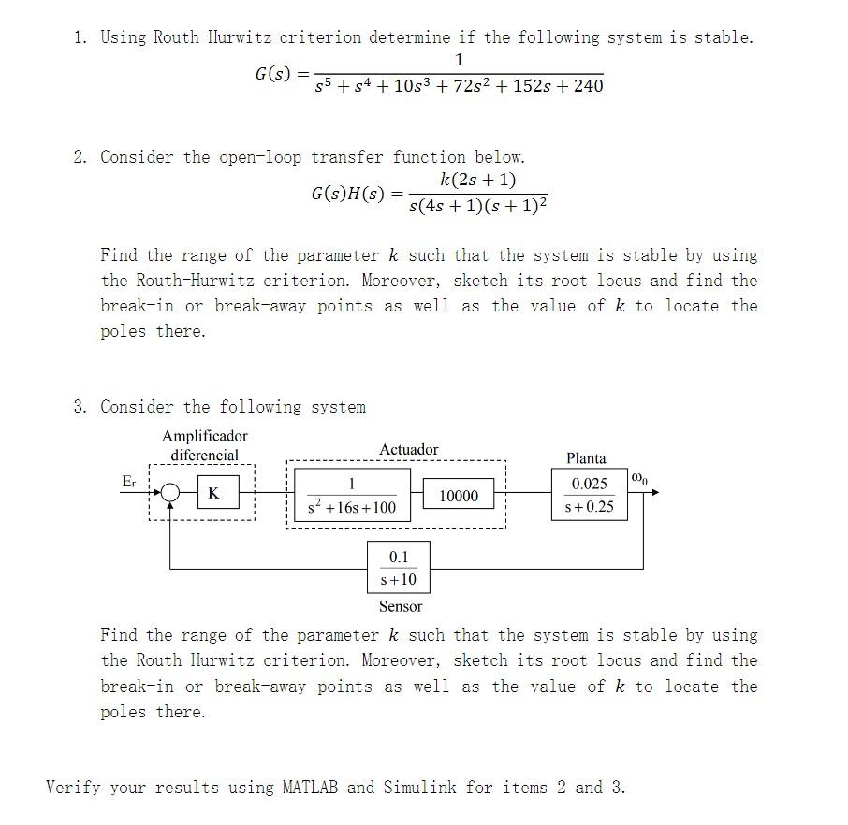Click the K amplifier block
click(x=214, y=494)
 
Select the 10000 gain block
click(x=459, y=496)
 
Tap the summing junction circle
click(x=170, y=494)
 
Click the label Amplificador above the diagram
click(x=205, y=436)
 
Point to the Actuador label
click(x=408, y=450)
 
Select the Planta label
click(x=586, y=458)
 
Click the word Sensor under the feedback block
click(x=400, y=606)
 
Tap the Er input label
click(x=129, y=481)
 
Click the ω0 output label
click(x=640, y=480)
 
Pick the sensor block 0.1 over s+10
click(x=399, y=568)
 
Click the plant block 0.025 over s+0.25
click(x=590, y=495)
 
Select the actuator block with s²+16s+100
click(x=351, y=496)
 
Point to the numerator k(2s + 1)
click(x=477, y=180)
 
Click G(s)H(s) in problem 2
click(x=347, y=194)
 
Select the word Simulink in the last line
click(x=419, y=787)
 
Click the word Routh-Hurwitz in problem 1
click(x=210, y=37)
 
